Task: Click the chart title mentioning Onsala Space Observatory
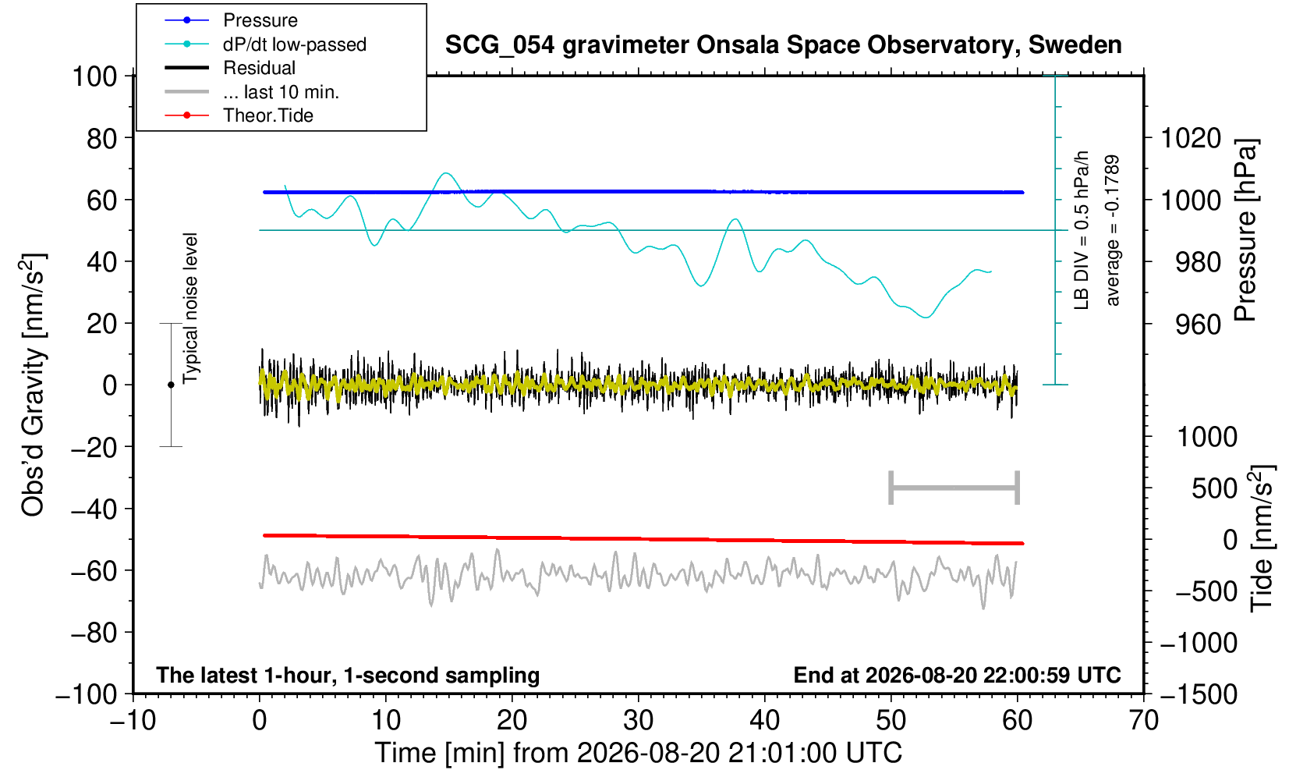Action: pyautogui.click(x=783, y=45)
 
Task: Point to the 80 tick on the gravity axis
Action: pyautogui.click(x=102, y=138)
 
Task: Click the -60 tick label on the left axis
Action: pyautogui.click(x=94, y=571)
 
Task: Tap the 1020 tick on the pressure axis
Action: pyautogui.click(x=1191, y=138)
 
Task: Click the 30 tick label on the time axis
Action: pyautogui.click(x=638, y=721)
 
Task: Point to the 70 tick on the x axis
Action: pyautogui.click(x=1143, y=721)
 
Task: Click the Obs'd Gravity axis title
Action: pyautogui.click(x=34, y=385)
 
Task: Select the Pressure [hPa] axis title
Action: pyautogui.click(x=1245, y=230)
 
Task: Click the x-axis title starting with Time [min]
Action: pyautogui.click(x=638, y=753)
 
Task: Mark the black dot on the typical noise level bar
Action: pyautogui.click(x=171, y=385)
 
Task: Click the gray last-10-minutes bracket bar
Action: pyautogui.click(x=954, y=488)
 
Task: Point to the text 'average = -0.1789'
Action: pyautogui.click(x=1112, y=230)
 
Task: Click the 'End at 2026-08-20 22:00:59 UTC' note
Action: pyautogui.click(x=957, y=675)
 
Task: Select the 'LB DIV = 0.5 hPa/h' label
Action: pyautogui.click(x=1082, y=230)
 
